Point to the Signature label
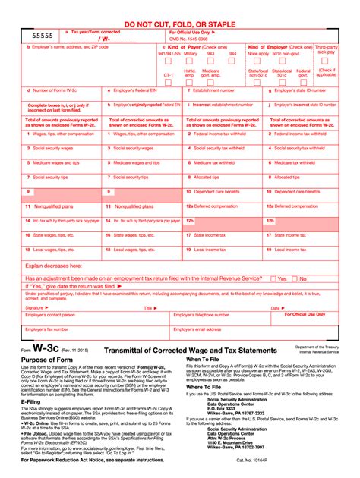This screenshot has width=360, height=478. coord(35,307)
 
